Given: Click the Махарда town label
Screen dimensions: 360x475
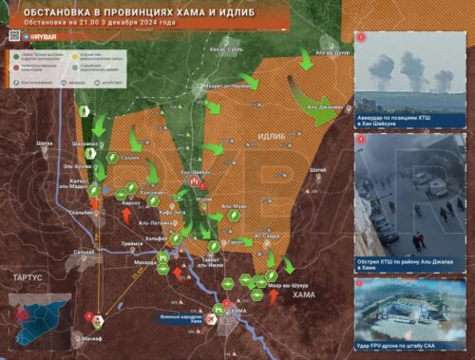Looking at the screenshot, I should pyautogui.click(x=144, y=261).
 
